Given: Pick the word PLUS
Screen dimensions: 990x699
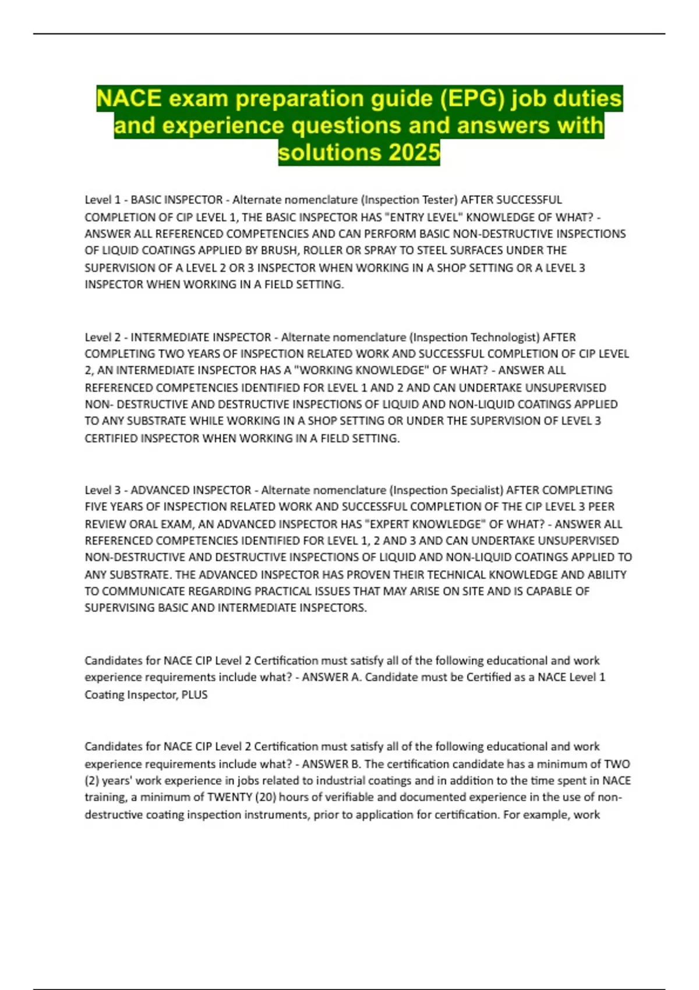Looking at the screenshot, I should click(195, 695).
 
